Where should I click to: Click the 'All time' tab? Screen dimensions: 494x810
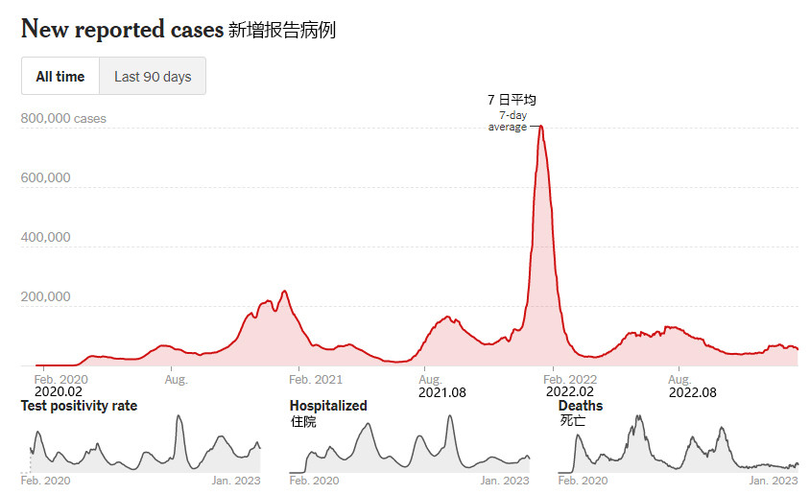[60, 77]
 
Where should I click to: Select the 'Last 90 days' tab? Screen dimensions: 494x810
[153, 77]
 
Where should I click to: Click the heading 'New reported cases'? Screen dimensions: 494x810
[121, 29]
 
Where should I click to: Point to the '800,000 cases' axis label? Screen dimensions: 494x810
[63, 119]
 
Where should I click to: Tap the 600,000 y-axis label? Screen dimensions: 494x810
[45, 178]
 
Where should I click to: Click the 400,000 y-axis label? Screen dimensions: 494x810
[45, 237]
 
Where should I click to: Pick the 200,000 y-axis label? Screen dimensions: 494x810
[45, 296]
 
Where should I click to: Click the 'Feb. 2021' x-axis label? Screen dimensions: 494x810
[316, 380]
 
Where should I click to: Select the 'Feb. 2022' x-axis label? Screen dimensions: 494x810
[571, 380]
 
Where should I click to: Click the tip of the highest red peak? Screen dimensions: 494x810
[541, 126]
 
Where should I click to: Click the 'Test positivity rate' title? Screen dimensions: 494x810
[79, 406]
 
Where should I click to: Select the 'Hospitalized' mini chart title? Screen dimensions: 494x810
[328, 406]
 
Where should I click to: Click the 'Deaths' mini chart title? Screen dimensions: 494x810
[581, 406]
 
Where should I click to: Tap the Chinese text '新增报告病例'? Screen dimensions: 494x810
[282, 30]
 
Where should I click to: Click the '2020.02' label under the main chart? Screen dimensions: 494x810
[59, 391]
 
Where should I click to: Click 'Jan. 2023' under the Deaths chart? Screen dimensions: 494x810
[774, 481]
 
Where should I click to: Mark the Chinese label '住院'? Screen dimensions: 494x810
[303, 421]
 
